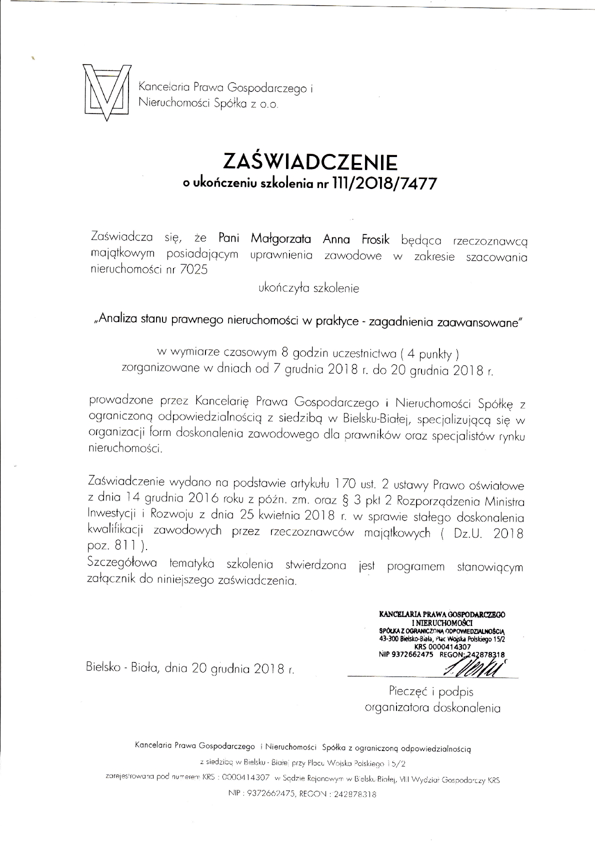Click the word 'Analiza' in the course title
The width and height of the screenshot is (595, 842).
click(x=115, y=320)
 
